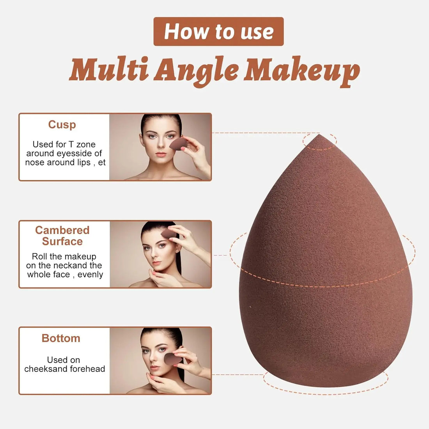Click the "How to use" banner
[x=218, y=32]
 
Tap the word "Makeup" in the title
[x=301, y=71]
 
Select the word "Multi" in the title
[x=109, y=70]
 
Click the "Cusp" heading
[x=62, y=124]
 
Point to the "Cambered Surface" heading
[x=62, y=236]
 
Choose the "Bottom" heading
[x=61, y=338]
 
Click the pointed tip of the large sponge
[x=319, y=138]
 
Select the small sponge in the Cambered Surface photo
[x=168, y=234]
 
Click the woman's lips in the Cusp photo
[x=160, y=154]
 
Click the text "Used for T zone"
[x=64, y=144]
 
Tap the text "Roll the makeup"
[x=64, y=256]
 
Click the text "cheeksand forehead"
[x=65, y=369]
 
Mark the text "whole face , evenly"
[x=65, y=275]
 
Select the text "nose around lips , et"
[x=65, y=163]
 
